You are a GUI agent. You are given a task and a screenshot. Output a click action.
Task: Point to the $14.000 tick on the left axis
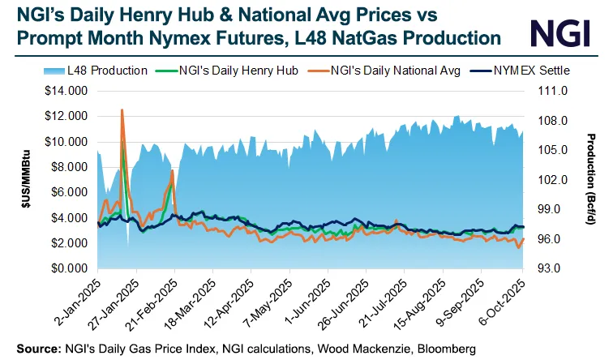[x=67, y=92]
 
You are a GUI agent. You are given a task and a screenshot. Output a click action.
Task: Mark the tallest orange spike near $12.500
[x=122, y=110]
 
